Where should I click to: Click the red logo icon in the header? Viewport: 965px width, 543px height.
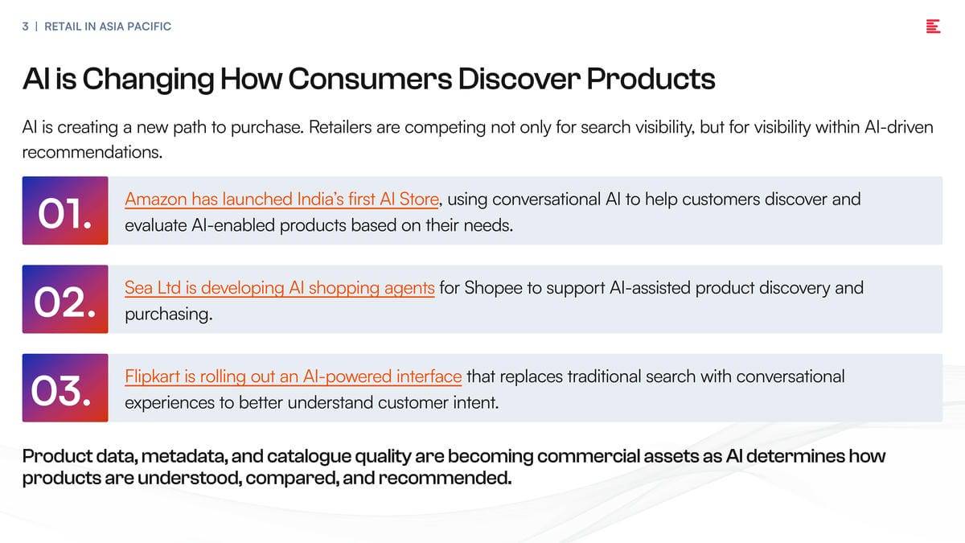coord(933,27)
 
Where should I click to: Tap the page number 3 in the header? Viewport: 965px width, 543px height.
coord(26,27)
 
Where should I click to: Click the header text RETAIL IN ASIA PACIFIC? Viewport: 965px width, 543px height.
coord(108,27)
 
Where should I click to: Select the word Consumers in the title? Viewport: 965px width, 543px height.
coord(370,79)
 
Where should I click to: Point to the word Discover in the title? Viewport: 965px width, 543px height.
coord(519,79)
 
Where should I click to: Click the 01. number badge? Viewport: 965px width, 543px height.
coord(65,210)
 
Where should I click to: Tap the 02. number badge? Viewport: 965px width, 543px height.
coord(65,299)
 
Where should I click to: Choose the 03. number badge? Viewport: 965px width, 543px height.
coord(65,388)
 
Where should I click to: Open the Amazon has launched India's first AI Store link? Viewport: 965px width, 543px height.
coord(281,200)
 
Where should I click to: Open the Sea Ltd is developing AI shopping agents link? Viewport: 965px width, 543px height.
coord(280,288)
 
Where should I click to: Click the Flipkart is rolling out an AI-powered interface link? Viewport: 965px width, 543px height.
coord(294,377)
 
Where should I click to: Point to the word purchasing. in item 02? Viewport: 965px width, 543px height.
coord(169,315)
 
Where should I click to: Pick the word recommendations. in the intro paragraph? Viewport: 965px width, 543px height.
coord(92,152)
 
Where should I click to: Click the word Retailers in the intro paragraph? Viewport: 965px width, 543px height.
coord(340,128)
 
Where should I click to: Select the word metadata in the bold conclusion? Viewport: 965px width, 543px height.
coord(185,456)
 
